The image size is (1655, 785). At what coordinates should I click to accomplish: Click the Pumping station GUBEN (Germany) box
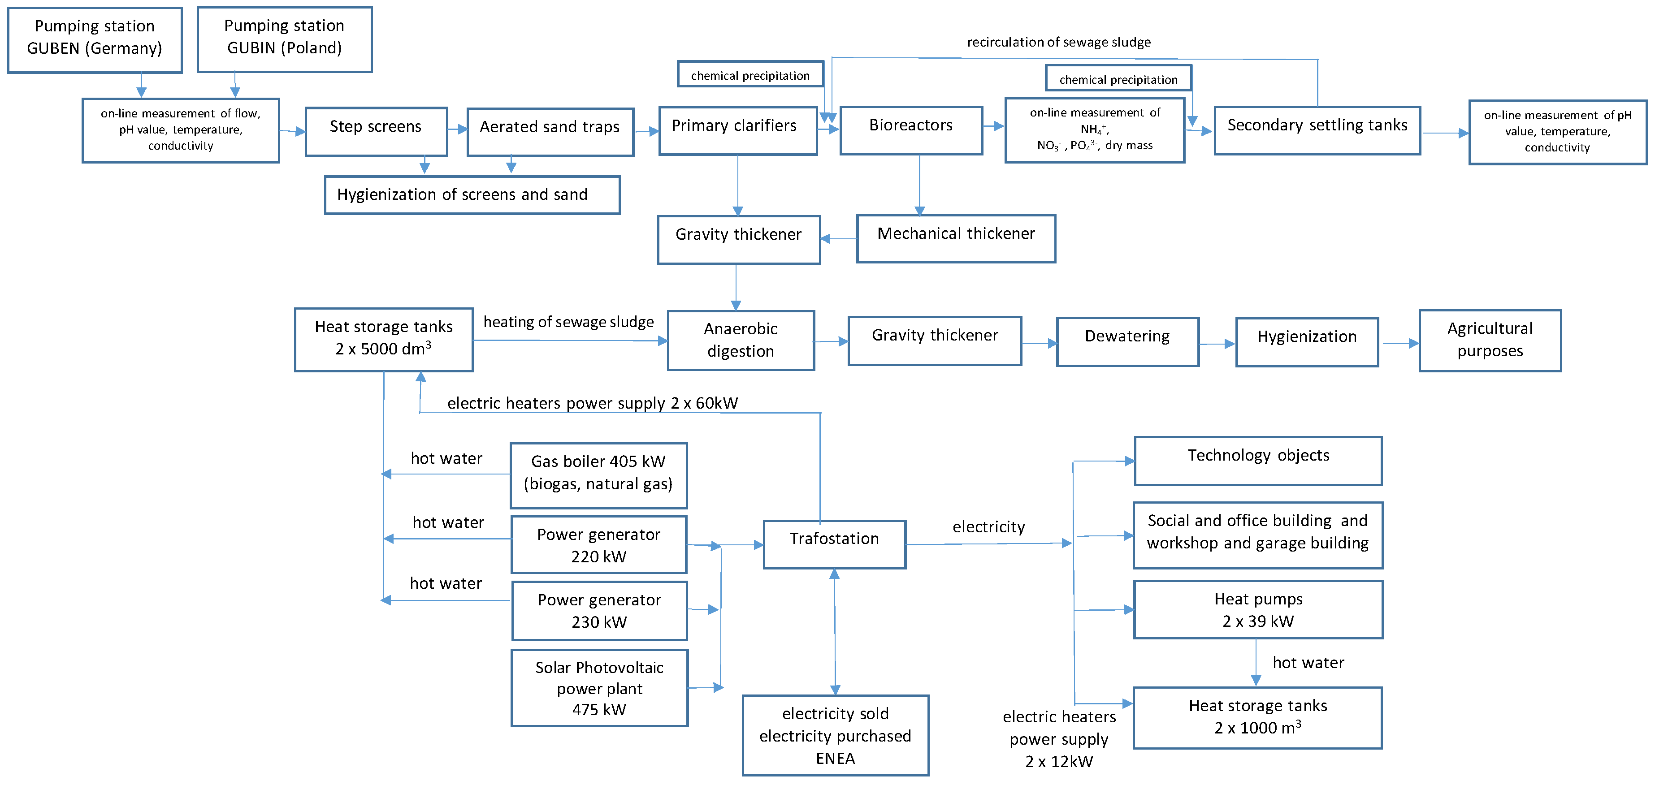(x=95, y=40)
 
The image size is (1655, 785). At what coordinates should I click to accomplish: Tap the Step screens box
(x=376, y=132)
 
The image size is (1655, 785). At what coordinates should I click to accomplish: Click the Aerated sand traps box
(x=550, y=132)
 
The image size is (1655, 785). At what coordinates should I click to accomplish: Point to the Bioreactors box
(x=910, y=130)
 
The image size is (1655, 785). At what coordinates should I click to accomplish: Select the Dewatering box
(x=1127, y=341)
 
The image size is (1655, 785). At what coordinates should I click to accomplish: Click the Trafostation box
(x=834, y=544)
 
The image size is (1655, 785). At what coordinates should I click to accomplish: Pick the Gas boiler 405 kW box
(x=598, y=475)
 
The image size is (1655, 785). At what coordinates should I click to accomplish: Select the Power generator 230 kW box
(x=599, y=610)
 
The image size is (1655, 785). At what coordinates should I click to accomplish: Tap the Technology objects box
(x=1257, y=461)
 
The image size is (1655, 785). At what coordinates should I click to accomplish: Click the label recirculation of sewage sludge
(x=1058, y=43)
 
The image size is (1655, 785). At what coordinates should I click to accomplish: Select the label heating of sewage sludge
(x=568, y=322)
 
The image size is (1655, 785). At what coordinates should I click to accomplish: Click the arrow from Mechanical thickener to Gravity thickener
(x=838, y=239)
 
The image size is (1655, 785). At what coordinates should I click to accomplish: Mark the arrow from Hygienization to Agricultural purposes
(x=1399, y=344)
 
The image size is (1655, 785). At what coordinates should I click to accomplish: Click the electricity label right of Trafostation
(x=988, y=527)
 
